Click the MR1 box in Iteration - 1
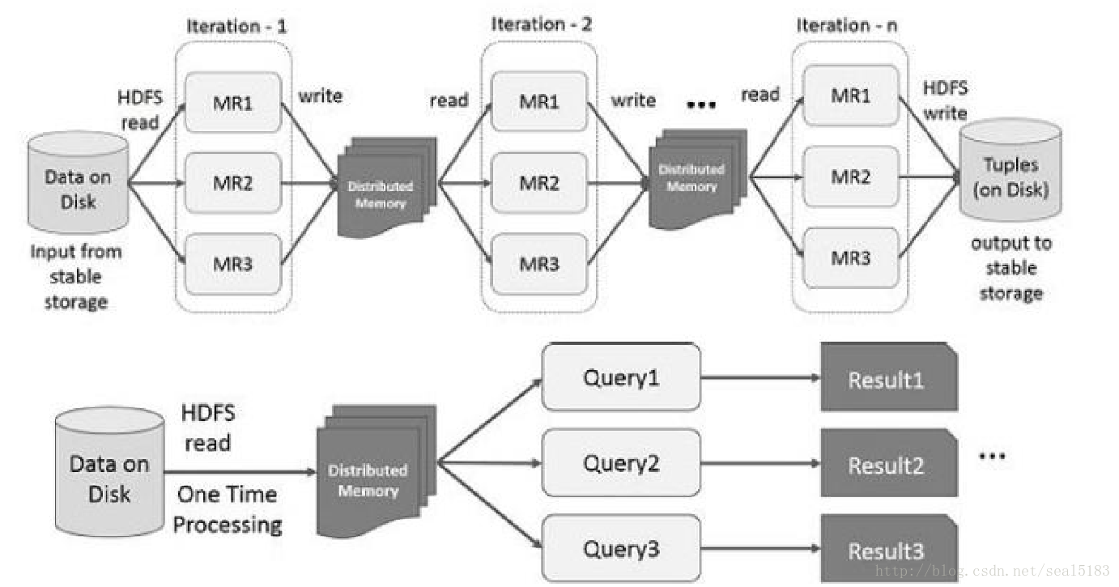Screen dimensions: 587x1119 coord(233,103)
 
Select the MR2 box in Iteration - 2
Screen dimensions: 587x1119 coord(538,184)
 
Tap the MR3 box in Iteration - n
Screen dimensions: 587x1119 coord(850,258)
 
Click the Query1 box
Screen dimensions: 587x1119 coord(620,377)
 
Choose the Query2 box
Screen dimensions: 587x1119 coord(620,463)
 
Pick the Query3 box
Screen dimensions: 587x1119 coord(620,549)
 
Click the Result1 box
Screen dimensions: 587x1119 coord(888,379)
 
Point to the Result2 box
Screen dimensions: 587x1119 coord(888,465)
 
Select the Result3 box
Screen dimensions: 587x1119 coord(888,551)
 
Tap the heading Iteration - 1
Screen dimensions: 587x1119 coord(236,25)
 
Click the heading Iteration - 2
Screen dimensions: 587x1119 coord(541,24)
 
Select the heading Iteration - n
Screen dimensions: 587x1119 coord(846,25)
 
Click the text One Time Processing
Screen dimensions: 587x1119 coord(228,509)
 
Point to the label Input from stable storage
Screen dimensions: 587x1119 coord(76,277)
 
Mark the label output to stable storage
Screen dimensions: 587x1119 coord(1011,268)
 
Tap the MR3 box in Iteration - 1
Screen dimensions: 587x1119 coord(233,263)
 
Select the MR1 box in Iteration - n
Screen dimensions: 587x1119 coord(850,96)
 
